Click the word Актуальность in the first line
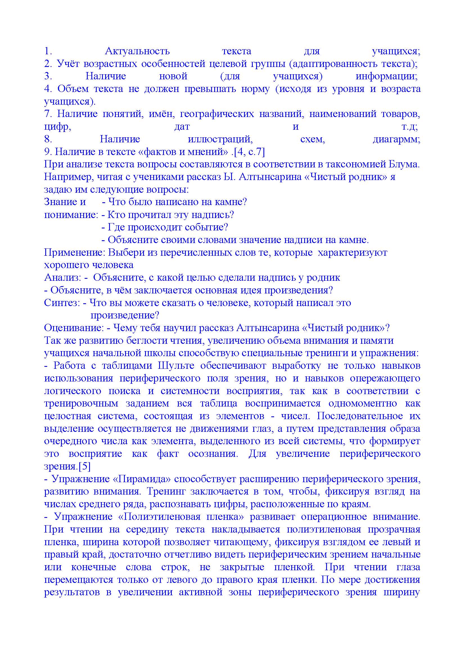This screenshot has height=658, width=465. pos(137,51)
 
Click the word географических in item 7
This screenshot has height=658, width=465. pos(217,114)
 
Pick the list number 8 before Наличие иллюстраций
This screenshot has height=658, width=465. pos(48,139)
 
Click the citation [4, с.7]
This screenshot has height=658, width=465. pos(249,152)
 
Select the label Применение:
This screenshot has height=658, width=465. pos(73,252)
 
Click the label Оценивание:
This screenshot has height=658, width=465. pos(74,328)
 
